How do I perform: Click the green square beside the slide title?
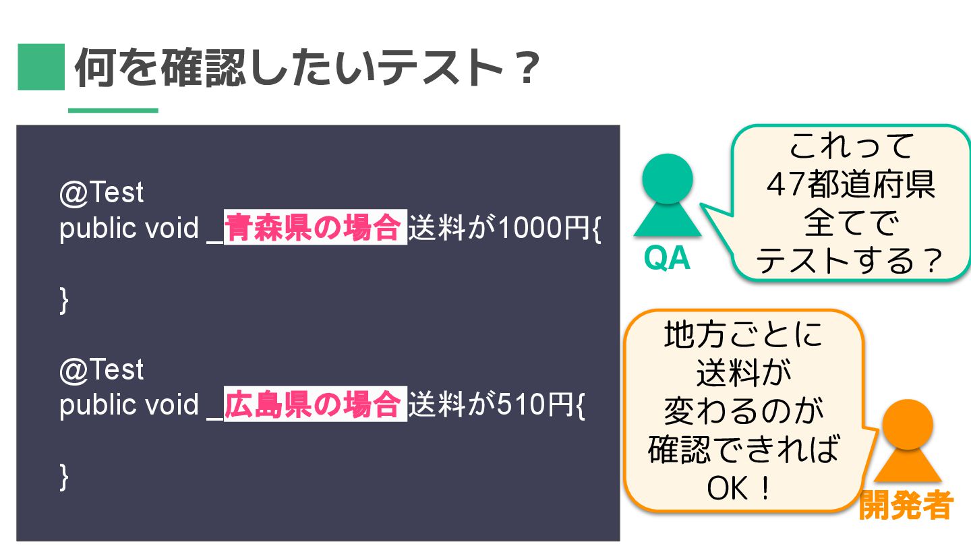[x=40, y=67]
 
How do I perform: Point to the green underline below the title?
[x=113, y=111]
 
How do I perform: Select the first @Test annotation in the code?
[x=101, y=193]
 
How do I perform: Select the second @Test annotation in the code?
[x=101, y=369]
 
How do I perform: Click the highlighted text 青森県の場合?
[x=314, y=229]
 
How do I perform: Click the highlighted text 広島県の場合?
[x=314, y=405]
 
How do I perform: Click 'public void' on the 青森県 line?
[x=129, y=229]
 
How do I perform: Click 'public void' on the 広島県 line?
[x=129, y=406]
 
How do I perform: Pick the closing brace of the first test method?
[x=65, y=300]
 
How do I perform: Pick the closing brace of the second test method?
[x=65, y=477]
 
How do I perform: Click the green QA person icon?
[x=667, y=195]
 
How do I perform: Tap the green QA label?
[x=667, y=258]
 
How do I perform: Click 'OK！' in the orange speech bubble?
[x=738, y=488]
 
